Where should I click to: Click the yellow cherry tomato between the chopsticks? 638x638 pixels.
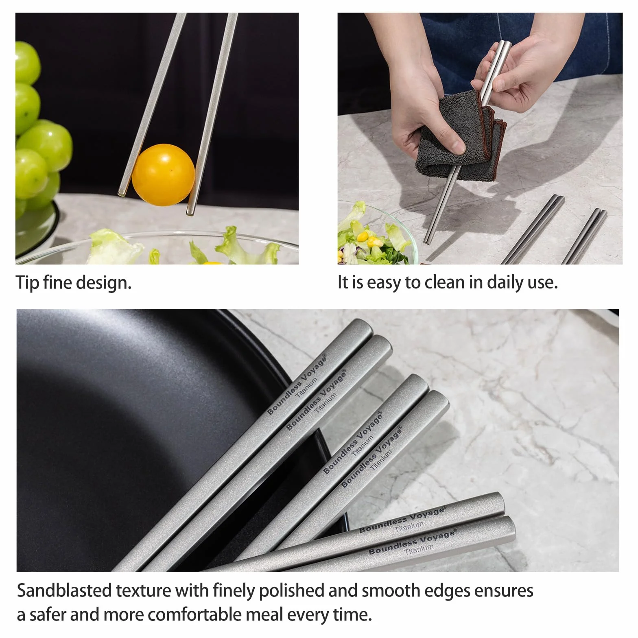[163, 174]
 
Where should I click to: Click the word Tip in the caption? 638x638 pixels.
[27, 282]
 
